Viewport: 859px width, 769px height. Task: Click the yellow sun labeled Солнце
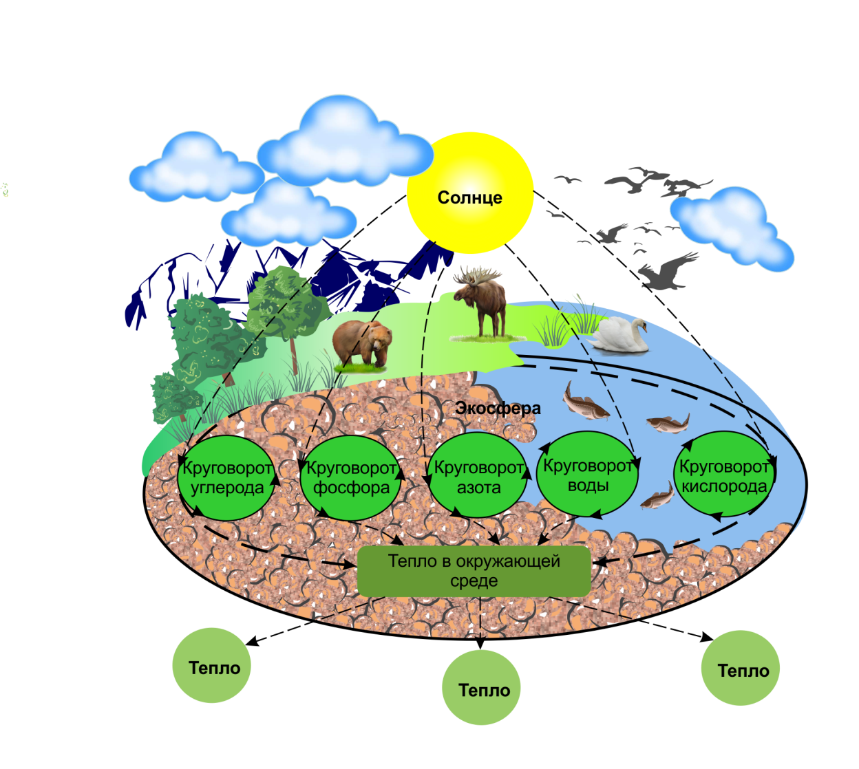(469, 193)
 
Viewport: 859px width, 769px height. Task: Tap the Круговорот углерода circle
(226, 478)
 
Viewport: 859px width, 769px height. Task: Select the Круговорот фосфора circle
(350, 478)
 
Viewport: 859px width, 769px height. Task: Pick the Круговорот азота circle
(478, 475)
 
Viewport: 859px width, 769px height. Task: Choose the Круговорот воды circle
(587, 474)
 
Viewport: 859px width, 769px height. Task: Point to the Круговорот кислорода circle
(723, 474)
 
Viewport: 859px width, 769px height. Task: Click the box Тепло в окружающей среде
(474, 571)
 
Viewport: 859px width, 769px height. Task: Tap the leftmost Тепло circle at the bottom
(211, 665)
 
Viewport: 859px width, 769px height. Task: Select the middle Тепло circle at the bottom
(481, 687)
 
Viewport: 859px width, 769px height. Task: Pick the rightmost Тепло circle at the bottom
(741, 668)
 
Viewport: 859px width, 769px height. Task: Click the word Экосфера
(498, 408)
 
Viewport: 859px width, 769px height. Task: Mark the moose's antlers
(476, 275)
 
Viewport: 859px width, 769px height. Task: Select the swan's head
(640, 325)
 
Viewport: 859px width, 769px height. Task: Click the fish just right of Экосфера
(585, 402)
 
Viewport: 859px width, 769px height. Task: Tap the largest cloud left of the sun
(345, 142)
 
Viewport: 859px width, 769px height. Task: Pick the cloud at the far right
(732, 229)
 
